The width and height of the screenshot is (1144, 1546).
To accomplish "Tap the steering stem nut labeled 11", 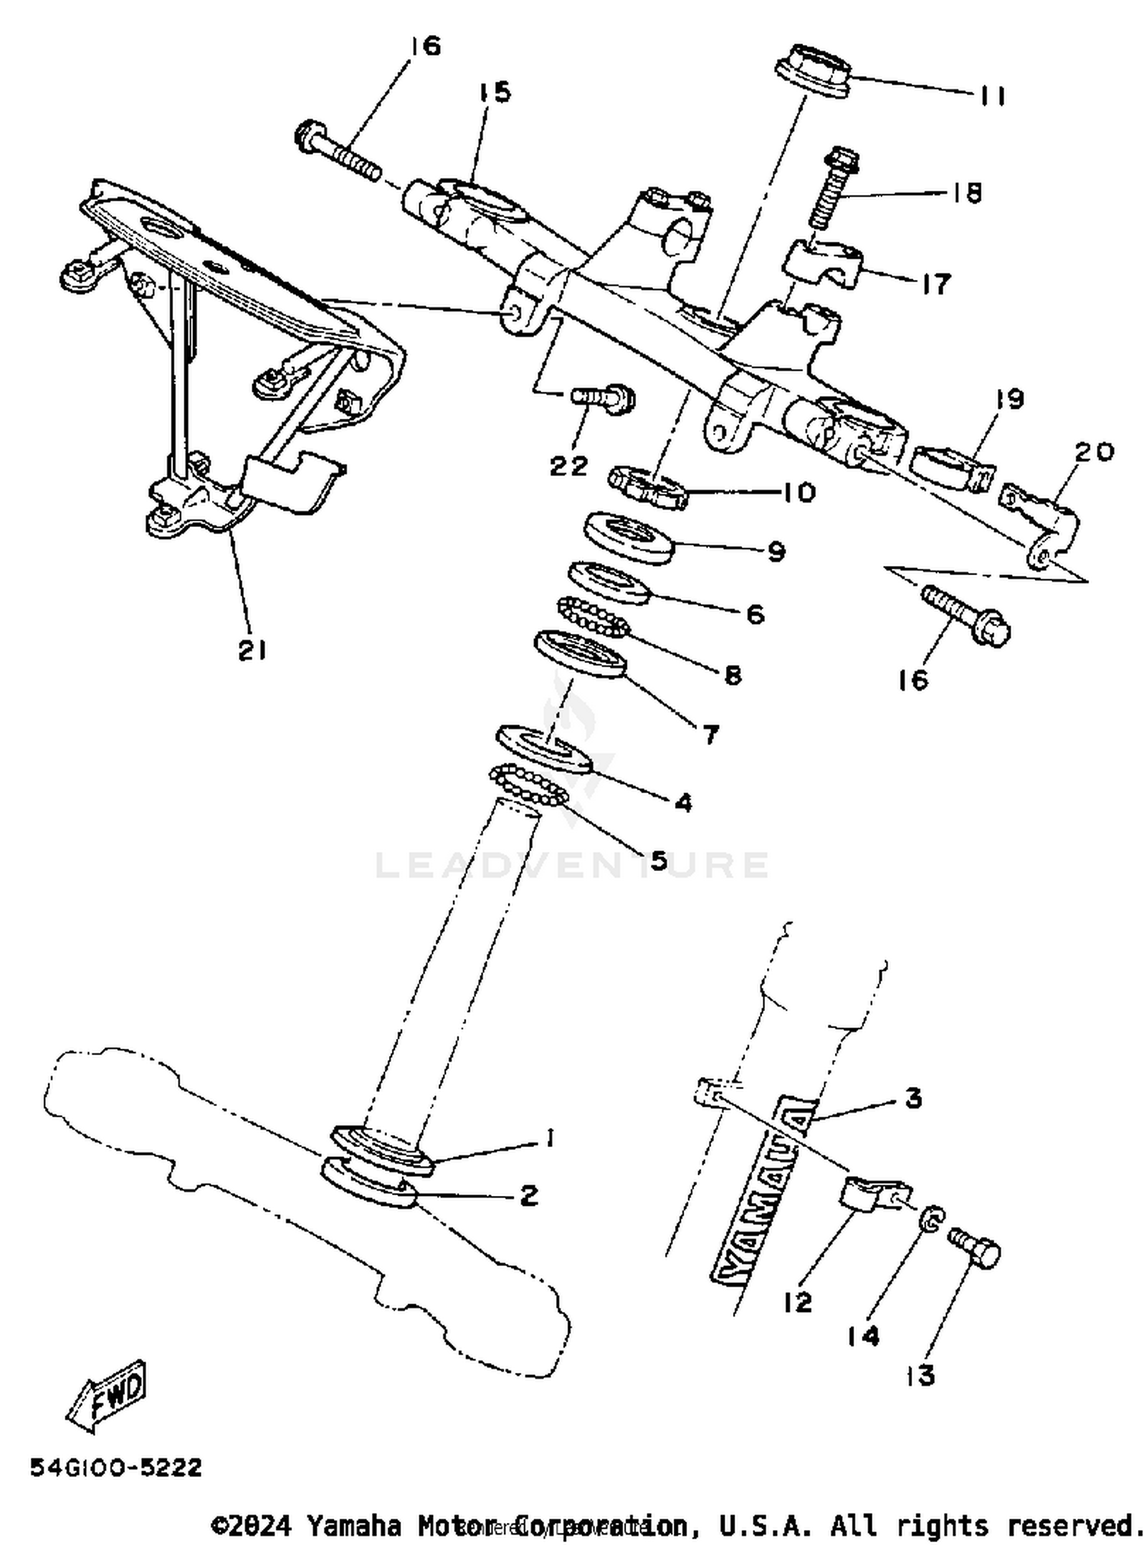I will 813,71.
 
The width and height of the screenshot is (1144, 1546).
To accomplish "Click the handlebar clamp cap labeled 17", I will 824,265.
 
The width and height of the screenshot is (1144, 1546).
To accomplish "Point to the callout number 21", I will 252,650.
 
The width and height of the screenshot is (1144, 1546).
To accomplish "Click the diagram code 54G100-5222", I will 116,1467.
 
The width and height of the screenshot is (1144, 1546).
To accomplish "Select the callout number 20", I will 1094,452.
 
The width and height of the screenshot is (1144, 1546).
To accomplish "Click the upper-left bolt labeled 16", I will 338,153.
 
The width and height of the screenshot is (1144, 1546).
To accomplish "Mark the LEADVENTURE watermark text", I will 572,865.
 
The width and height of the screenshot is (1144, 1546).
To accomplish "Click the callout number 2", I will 528,1195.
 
